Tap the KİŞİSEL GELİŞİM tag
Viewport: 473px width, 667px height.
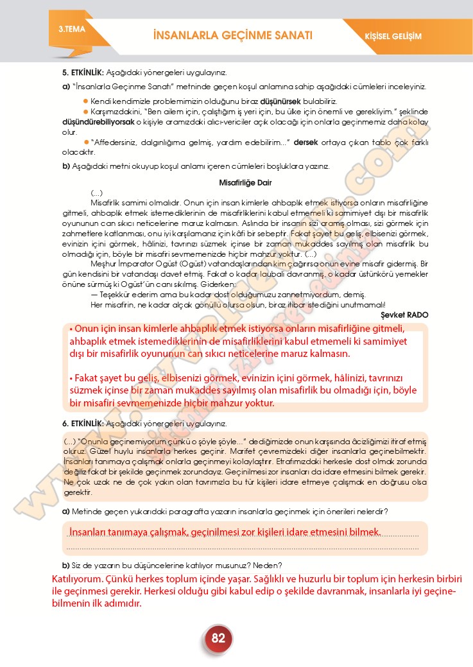pos(397,36)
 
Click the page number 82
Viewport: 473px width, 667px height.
pos(218,638)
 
